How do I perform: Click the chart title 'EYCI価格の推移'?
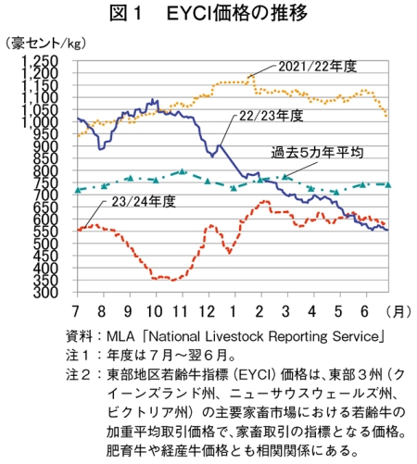pyautogui.click(x=237, y=14)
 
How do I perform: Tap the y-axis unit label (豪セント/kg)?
pyautogui.click(x=45, y=44)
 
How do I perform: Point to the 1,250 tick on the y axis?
pyautogui.click(x=39, y=61)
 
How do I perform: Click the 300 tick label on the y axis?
pyautogui.click(x=45, y=293)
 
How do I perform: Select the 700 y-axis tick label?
pyautogui.click(x=45, y=195)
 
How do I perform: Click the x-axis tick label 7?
pyautogui.click(x=76, y=311)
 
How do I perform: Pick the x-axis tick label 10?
pyautogui.click(x=155, y=311)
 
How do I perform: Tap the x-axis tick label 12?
pyautogui.click(x=207, y=311)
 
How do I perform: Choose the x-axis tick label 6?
pyautogui.click(x=365, y=311)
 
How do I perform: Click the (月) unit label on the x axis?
pyautogui.click(x=398, y=311)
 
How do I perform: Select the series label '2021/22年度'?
pyautogui.click(x=318, y=67)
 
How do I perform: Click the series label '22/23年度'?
pyautogui.click(x=272, y=116)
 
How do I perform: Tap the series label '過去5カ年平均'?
pyautogui.click(x=317, y=153)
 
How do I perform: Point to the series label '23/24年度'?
pyautogui.click(x=144, y=202)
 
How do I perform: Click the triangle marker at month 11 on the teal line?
pyautogui.click(x=183, y=171)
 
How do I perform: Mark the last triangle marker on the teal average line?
pyautogui.click(x=388, y=184)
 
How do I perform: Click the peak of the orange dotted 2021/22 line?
pyautogui.click(x=252, y=76)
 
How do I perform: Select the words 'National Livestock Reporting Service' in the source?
pyautogui.click(x=264, y=336)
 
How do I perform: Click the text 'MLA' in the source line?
pyautogui.click(x=120, y=336)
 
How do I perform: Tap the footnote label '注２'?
pyautogui.click(x=78, y=375)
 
